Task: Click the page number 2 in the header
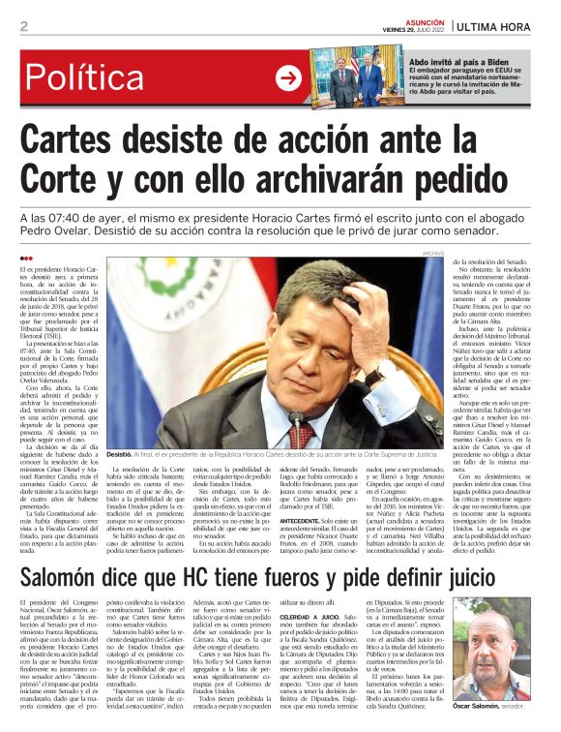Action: (23, 26)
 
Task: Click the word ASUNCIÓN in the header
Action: (424, 19)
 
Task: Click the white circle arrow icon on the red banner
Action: (288, 78)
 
